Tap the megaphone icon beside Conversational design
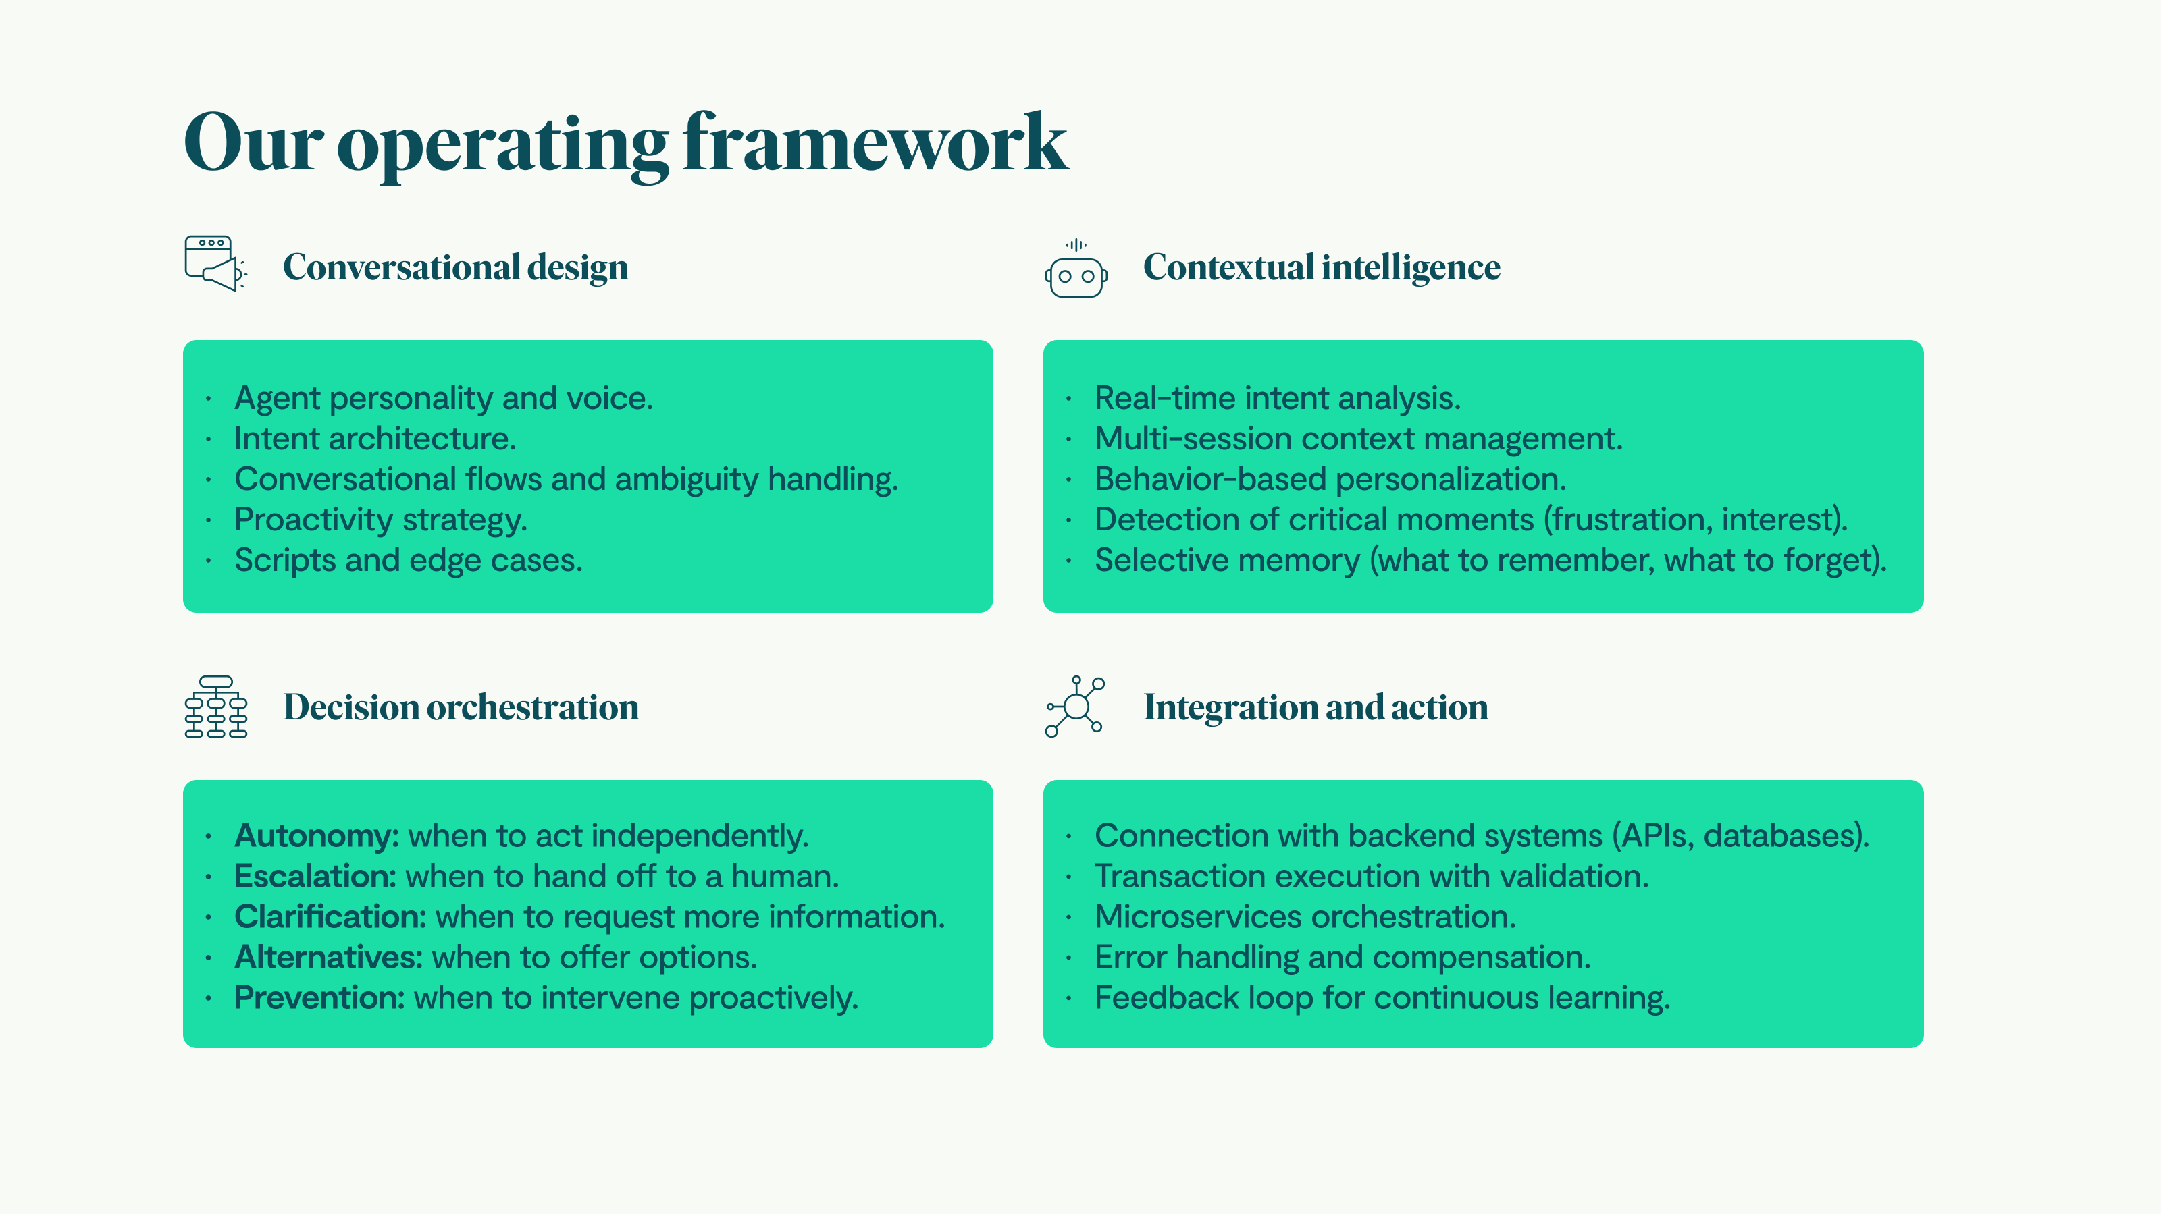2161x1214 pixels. [215, 263]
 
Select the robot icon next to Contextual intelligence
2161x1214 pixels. [1076, 269]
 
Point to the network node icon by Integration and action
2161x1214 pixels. [1076, 707]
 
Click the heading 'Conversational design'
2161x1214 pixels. [456, 267]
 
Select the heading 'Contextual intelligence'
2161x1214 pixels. [1322, 267]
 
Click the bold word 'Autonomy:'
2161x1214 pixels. [316, 836]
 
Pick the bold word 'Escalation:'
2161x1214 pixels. [315, 876]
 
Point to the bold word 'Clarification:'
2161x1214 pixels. [330, 916]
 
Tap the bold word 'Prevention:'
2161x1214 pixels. [319, 997]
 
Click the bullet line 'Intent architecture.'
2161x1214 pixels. [375, 439]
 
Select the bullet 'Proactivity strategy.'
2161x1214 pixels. [381, 520]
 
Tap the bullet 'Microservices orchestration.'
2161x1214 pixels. [1305, 916]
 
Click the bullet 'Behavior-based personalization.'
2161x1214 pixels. [1330, 480]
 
